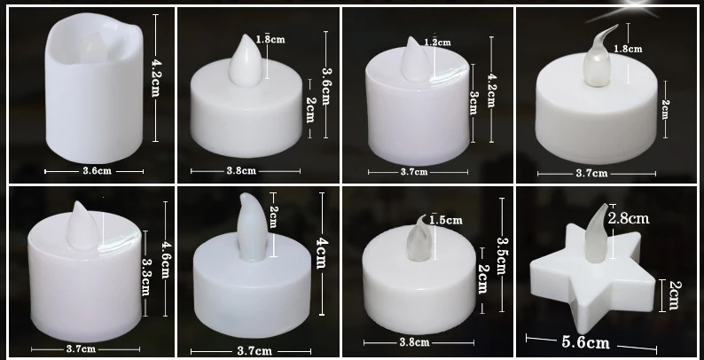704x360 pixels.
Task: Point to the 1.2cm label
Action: (437, 42)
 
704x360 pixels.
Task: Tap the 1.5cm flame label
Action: (443, 221)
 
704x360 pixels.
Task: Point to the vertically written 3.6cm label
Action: (326, 85)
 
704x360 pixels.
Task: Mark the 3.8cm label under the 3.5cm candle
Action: (416, 341)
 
